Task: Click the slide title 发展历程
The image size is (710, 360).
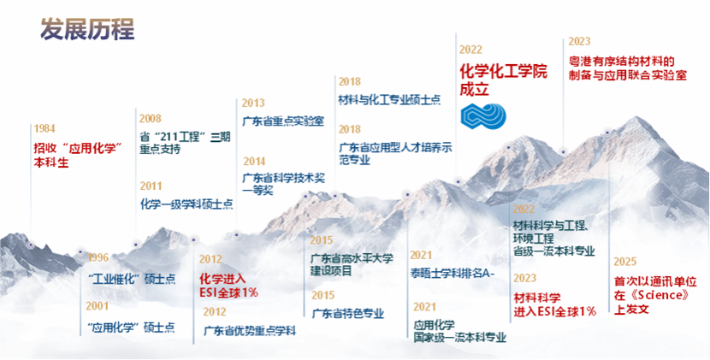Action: click(87, 29)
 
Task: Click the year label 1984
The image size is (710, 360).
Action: click(44, 128)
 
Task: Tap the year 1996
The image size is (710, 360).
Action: click(98, 257)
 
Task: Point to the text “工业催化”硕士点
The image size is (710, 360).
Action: click(132, 279)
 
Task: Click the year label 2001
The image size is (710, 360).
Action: click(98, 306)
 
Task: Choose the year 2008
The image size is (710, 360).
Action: click(151, 119)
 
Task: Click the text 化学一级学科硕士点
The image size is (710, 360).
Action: click(186, 204)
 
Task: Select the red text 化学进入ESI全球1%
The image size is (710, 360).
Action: click(228, 285)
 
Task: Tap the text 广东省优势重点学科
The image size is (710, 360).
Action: click(250, 331)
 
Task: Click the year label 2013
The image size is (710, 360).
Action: click(253, 103)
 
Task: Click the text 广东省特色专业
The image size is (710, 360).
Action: click(348, 313)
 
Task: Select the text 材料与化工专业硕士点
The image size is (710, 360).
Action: click(389, 100)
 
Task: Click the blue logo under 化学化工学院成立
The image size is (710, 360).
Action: click(483, 116)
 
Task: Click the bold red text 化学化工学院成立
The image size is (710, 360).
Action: click(503, 80)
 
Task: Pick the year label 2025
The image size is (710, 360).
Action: click(625, 262)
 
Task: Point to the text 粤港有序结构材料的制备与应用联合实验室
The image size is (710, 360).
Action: click(628, 68)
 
